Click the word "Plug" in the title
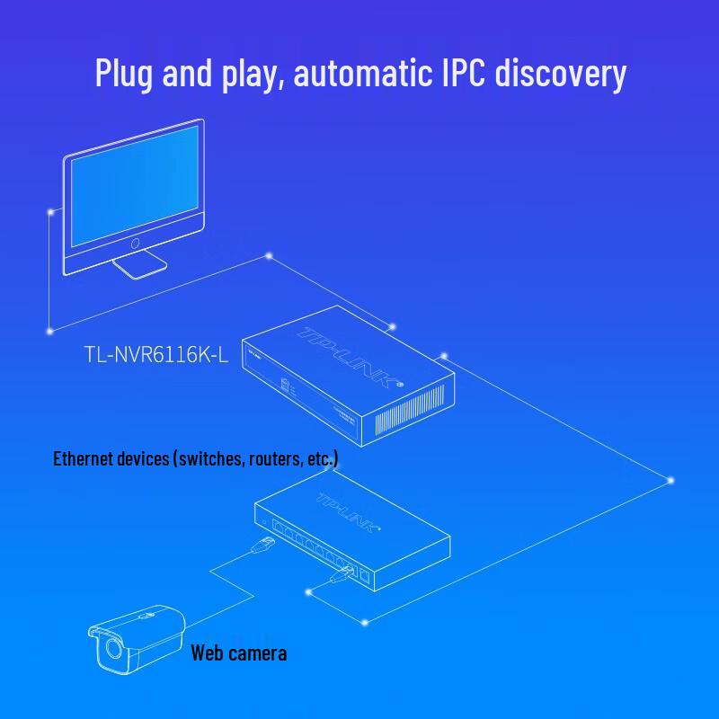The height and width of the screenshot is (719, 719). pos(125,75)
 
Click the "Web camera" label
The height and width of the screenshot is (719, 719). pos(238,652)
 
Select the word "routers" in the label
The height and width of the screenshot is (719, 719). pos(273,459)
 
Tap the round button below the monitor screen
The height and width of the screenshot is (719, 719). pos(135,244)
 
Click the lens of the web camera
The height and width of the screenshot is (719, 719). pos(113,646)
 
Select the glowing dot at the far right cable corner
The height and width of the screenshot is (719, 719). pos(671,481)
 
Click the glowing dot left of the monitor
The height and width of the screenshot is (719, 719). pos(49,213)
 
